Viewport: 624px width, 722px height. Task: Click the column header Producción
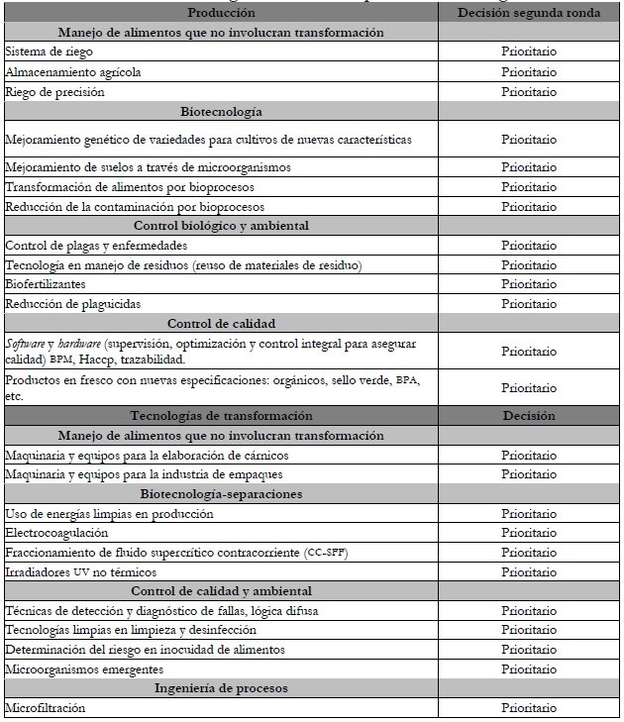[221, 13]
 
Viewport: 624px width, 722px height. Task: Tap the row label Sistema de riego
[49, 52]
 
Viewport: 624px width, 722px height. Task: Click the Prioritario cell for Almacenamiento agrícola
[528, 71]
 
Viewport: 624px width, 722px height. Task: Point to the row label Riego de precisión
[54, 91]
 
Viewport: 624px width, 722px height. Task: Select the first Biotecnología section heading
[221, 111]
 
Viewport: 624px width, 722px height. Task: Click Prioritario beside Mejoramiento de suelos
[528, 167]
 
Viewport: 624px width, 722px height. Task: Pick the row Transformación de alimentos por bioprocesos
[130, 186]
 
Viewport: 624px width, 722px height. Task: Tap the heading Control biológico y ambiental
[221, 225]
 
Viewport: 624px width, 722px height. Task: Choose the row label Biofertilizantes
[47, 283]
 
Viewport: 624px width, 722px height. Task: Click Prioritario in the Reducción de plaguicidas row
[528, 303]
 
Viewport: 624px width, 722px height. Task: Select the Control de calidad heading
[221, 323]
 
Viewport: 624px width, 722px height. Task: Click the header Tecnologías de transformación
[221, 416]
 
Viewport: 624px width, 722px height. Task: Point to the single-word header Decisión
[528, 416]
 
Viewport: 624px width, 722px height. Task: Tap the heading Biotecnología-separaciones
[221, 494]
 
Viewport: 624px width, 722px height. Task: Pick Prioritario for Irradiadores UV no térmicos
[528, 571]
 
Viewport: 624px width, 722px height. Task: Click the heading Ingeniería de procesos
[221, 688]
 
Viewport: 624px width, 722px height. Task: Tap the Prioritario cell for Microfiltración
[528, 708]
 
